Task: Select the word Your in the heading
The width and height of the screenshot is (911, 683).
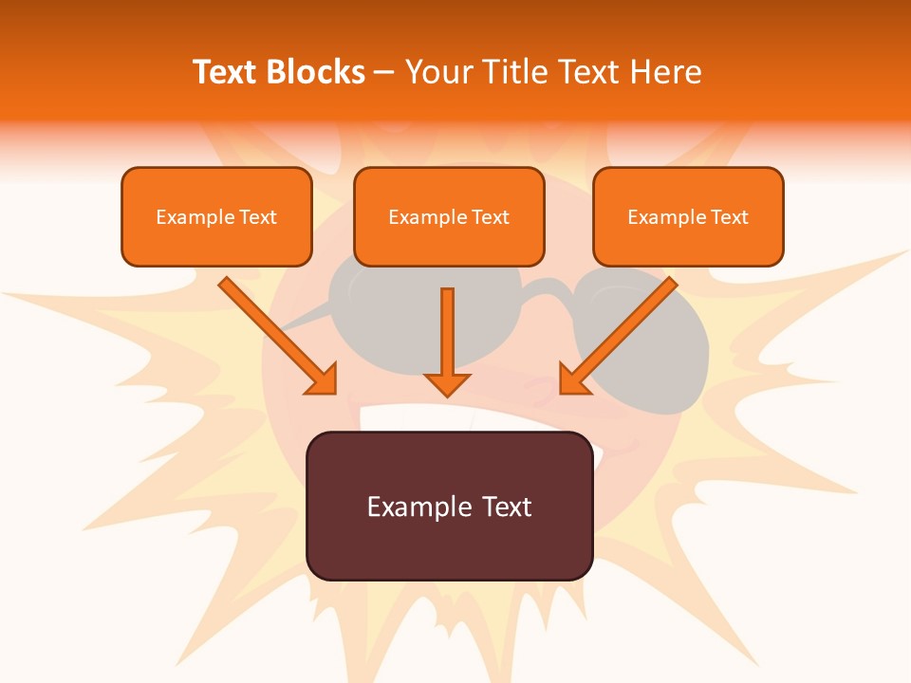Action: pyautogui.click(x=436, y=72)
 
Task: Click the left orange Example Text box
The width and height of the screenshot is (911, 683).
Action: pyautogui.click(x=216, y=217)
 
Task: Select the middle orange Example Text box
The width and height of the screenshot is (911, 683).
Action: pyautogui.click(x=449, y=217)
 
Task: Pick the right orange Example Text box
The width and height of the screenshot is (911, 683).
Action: pyautogui.click(x=688, y=217)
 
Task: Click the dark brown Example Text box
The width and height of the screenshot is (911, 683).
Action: pyautogui.click(x=449, y=506)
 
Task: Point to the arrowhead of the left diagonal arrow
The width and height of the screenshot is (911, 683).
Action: pyautogui.click(x=324, y=380)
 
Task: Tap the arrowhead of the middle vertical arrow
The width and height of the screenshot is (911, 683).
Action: pyautogui.click(x=447, y=384)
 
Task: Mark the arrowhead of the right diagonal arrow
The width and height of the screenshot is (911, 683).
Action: pyautogui.click(x=572, y=380)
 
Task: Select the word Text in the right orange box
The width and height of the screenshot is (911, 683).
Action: pyautogui.click(x=730, y=217)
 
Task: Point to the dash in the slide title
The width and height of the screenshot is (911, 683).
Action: pyautogui.click(x=384, y=73)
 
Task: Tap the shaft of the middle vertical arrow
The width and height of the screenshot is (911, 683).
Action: pyautogui.click(x=447, y=328)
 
